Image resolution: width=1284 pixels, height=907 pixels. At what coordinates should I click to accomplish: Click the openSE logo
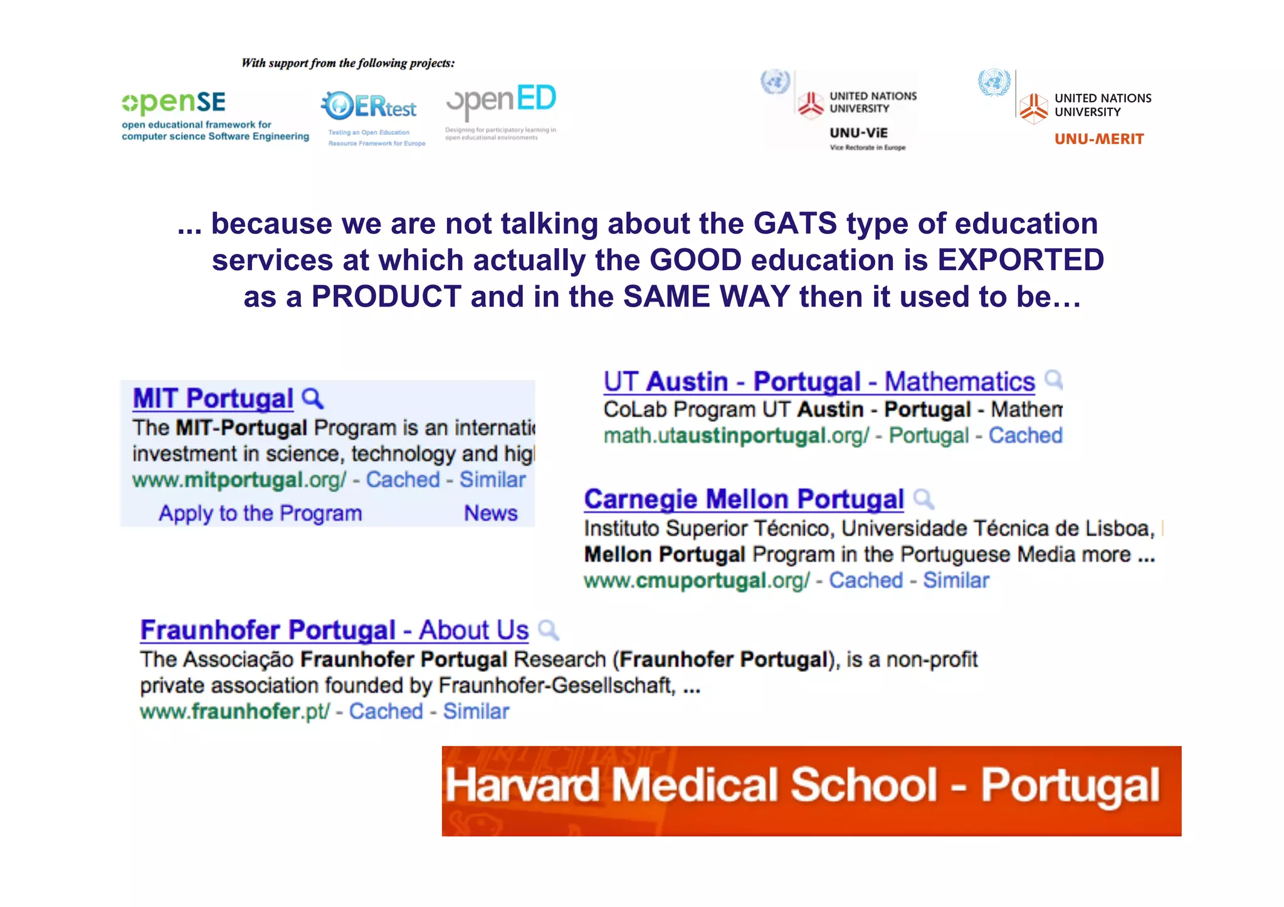(x=174, y=102)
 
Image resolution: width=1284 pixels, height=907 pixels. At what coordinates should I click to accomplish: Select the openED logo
(x=501, y=102)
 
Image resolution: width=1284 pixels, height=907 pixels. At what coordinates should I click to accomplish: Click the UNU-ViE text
(x=858, y=133)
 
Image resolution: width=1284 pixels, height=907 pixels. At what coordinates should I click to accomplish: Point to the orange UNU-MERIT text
(x=1099, y=139)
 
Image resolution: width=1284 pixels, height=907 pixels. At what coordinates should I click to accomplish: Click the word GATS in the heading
(x=795, y=224)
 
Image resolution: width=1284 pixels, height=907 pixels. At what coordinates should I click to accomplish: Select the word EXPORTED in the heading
(x=1020, y=260)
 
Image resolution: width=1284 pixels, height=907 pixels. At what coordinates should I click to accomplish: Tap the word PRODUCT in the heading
(x=386, y=296)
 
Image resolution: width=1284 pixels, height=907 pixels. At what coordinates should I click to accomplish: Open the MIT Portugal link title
(x=213, y=399)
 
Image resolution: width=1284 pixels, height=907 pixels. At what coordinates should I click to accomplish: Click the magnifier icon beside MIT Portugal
(x=312, y=398)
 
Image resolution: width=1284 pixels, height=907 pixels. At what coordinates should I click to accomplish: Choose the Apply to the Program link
(x=260, y=513)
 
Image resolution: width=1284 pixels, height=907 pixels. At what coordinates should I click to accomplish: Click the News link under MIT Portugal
(x=490, y=513)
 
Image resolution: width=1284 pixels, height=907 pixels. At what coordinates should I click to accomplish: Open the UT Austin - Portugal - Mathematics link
(x=819, y=382)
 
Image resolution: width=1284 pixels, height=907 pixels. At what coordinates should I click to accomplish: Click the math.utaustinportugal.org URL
(x=736, y=436)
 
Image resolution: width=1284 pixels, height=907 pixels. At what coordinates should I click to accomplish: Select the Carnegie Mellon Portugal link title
(x=744, y=500)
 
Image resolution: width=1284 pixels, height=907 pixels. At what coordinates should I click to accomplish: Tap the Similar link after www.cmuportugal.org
(x=955, y=580)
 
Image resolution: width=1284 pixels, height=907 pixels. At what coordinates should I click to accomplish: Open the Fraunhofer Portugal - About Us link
(x=334, y=631)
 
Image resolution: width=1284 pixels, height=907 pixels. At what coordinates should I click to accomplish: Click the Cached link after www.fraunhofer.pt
(x=386, y=711)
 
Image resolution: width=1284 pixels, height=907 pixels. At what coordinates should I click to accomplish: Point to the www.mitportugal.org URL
(x=239, y=480)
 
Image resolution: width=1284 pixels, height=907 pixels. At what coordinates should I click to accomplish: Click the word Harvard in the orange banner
(x=522, y=785)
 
